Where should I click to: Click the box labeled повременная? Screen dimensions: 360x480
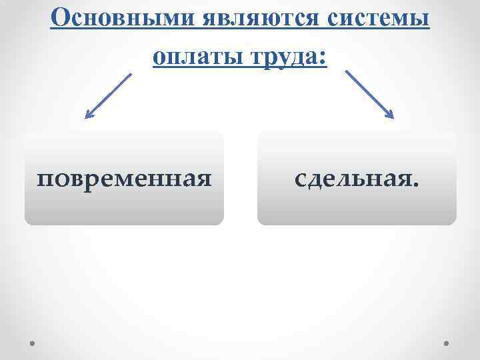(x=124, y=178)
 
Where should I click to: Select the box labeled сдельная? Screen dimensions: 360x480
(x=357, y=178)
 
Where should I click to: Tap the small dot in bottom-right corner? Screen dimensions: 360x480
(x=446, y=343)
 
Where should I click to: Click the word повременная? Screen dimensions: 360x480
(x=124, y=179)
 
